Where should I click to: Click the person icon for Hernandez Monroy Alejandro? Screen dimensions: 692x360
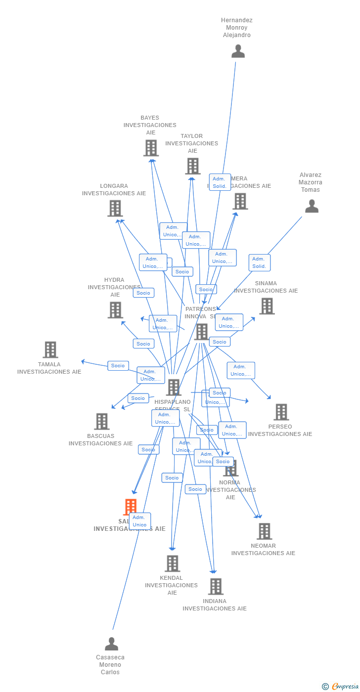point(238,51)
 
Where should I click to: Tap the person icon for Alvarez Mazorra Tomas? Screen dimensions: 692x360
point(312,206)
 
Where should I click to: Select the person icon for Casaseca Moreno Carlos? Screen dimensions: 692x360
point(111,644)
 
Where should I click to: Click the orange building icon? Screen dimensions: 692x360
point(131,507)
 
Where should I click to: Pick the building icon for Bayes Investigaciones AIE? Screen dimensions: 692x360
point(151,148)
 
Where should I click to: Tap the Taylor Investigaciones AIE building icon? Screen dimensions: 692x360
point(192,166)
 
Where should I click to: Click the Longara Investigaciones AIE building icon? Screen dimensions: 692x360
point(115,208)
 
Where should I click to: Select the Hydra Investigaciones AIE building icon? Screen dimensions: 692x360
point(115,310)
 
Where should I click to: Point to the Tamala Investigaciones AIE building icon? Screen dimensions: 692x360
point(50,349)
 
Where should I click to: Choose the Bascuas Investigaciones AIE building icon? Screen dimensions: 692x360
point(101,422)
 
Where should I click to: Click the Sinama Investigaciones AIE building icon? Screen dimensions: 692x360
point(267,306)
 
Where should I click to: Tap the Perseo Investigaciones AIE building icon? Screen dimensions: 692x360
point(281,412)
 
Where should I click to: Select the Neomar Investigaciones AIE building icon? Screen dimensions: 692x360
point(264,531)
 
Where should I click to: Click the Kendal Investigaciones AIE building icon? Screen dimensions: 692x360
point(172,563)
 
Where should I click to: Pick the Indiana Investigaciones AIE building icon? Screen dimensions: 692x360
point(215,586)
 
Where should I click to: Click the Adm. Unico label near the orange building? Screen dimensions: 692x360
point(139,521)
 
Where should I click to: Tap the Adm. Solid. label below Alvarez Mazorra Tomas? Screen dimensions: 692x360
point(259,262)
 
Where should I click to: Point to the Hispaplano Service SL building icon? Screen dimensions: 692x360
point(174,387)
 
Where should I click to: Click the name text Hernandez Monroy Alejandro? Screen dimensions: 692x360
point(237,28)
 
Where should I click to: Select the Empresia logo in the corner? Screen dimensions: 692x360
point(344,686)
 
